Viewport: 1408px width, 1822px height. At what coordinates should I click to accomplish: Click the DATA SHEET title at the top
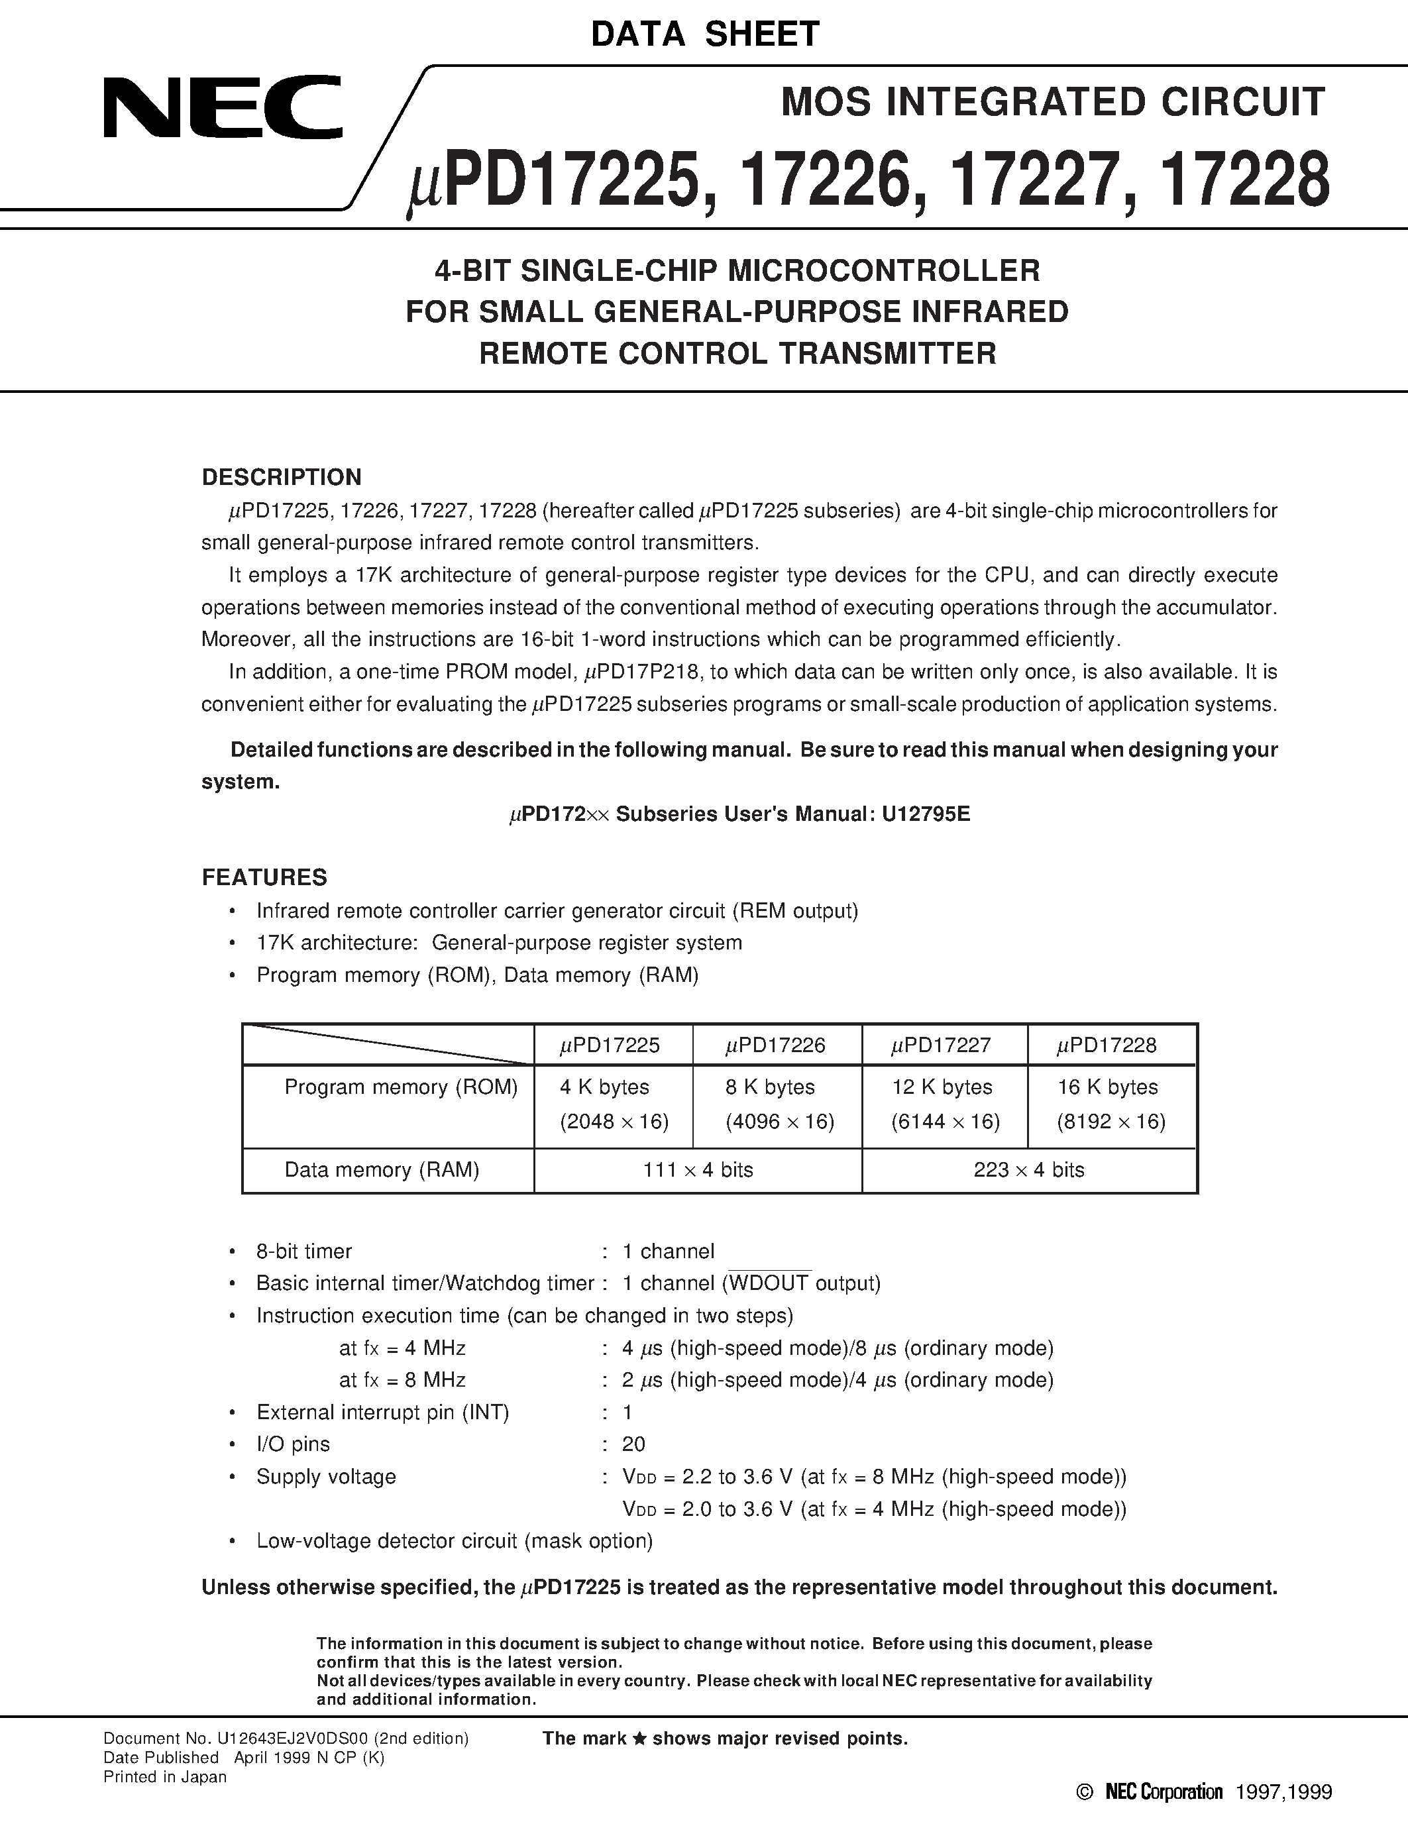click(x=705, y=34)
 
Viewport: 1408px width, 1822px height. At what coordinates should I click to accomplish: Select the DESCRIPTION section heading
click(x=282, y=477)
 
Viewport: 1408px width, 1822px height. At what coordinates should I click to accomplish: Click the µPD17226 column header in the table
click(x=775, y=1045)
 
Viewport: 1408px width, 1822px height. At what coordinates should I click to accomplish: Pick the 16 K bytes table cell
click(x=1108, y=1087)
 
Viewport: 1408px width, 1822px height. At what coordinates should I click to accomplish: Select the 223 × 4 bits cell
click(x=1028, y=1169)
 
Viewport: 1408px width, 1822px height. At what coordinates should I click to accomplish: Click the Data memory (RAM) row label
click(x=382, y=1169)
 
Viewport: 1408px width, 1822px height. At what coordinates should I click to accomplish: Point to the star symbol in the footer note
click(x=640, y=1739)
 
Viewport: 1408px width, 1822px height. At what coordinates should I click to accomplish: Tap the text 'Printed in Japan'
click(x=165, y=1777)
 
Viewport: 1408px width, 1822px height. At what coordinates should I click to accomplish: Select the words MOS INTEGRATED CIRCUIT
click(x=1053, y=102)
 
